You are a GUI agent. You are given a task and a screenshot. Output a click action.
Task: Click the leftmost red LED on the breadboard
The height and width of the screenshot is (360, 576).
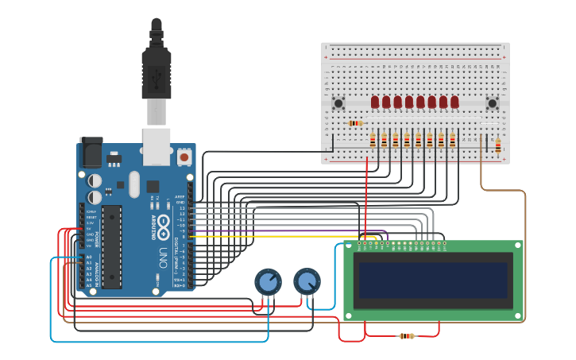point(375,102)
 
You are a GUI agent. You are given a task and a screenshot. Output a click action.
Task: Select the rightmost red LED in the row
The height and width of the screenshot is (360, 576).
point(454,102)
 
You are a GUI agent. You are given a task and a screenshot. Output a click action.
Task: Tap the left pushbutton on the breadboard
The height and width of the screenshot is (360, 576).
point(338,103)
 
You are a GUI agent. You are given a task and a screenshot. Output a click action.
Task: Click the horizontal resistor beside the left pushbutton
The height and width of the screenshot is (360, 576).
point(355,123)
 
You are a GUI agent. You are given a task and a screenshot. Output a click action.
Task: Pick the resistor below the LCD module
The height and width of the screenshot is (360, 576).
point(406,336)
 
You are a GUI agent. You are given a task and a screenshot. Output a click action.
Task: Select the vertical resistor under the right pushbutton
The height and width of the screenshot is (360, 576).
point(498,145)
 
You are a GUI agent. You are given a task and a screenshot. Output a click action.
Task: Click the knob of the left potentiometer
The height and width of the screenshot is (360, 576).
point(268,282)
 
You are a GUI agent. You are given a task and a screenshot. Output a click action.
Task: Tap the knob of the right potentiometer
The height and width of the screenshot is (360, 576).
point(307,281)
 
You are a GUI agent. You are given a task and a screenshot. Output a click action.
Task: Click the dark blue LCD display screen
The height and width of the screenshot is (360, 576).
point(433,281)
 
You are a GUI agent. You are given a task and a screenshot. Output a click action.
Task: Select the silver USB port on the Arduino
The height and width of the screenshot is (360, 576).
point(157,147)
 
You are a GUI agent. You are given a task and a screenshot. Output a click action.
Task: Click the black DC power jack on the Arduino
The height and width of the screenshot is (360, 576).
point(91,153)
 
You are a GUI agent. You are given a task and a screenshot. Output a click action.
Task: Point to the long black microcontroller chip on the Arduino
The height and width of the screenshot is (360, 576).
point(112,246)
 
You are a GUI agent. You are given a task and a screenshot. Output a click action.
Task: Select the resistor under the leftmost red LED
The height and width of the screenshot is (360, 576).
point(373,140)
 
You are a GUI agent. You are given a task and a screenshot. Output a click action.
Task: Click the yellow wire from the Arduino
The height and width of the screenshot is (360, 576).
point(278,237)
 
